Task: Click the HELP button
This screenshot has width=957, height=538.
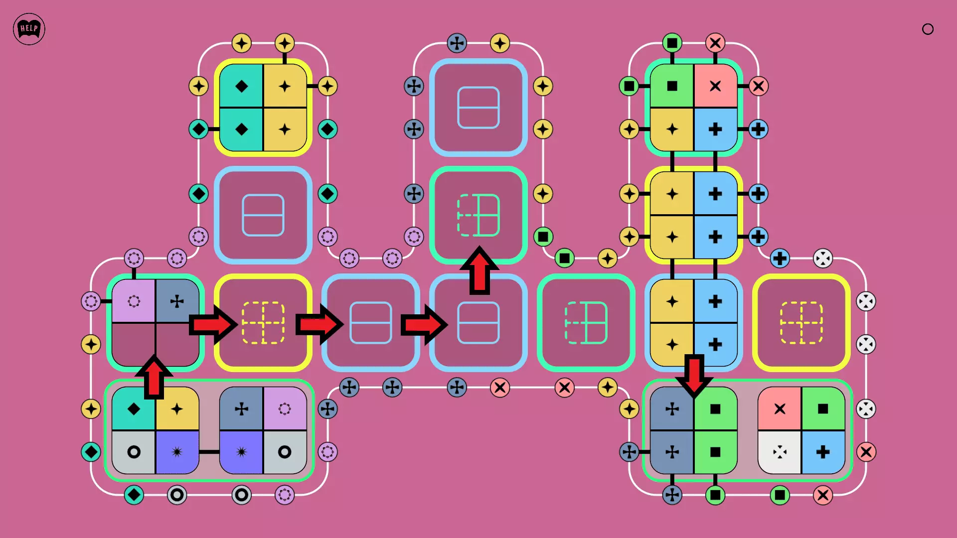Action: (29, 29)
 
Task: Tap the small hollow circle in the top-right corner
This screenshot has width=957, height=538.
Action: (928, 29)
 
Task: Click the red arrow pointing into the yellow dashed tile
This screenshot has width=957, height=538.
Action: (212, 325)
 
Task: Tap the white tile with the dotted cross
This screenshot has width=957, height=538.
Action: (780, 452)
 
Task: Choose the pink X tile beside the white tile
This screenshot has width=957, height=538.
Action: (780, 409)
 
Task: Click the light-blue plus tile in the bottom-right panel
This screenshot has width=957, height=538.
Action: (823, 452)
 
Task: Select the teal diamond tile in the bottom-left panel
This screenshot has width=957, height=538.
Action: (134, 409)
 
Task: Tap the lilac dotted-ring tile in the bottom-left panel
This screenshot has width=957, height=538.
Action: (285, 409)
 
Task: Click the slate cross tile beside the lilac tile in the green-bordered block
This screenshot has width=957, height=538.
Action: (177, 301)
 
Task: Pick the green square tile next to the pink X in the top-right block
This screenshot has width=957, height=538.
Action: (672, 86)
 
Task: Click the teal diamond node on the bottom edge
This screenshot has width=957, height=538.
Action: (134, 495)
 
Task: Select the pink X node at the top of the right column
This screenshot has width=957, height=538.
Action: (715, 43)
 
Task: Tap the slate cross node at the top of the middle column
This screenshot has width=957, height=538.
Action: (457, 43)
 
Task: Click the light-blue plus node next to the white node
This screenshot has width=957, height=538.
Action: (780, 259)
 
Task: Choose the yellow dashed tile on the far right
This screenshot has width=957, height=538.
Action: (801, 323)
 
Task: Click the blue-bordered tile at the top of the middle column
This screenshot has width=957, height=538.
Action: (478, 108)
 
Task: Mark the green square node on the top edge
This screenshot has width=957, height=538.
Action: (672, 43)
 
